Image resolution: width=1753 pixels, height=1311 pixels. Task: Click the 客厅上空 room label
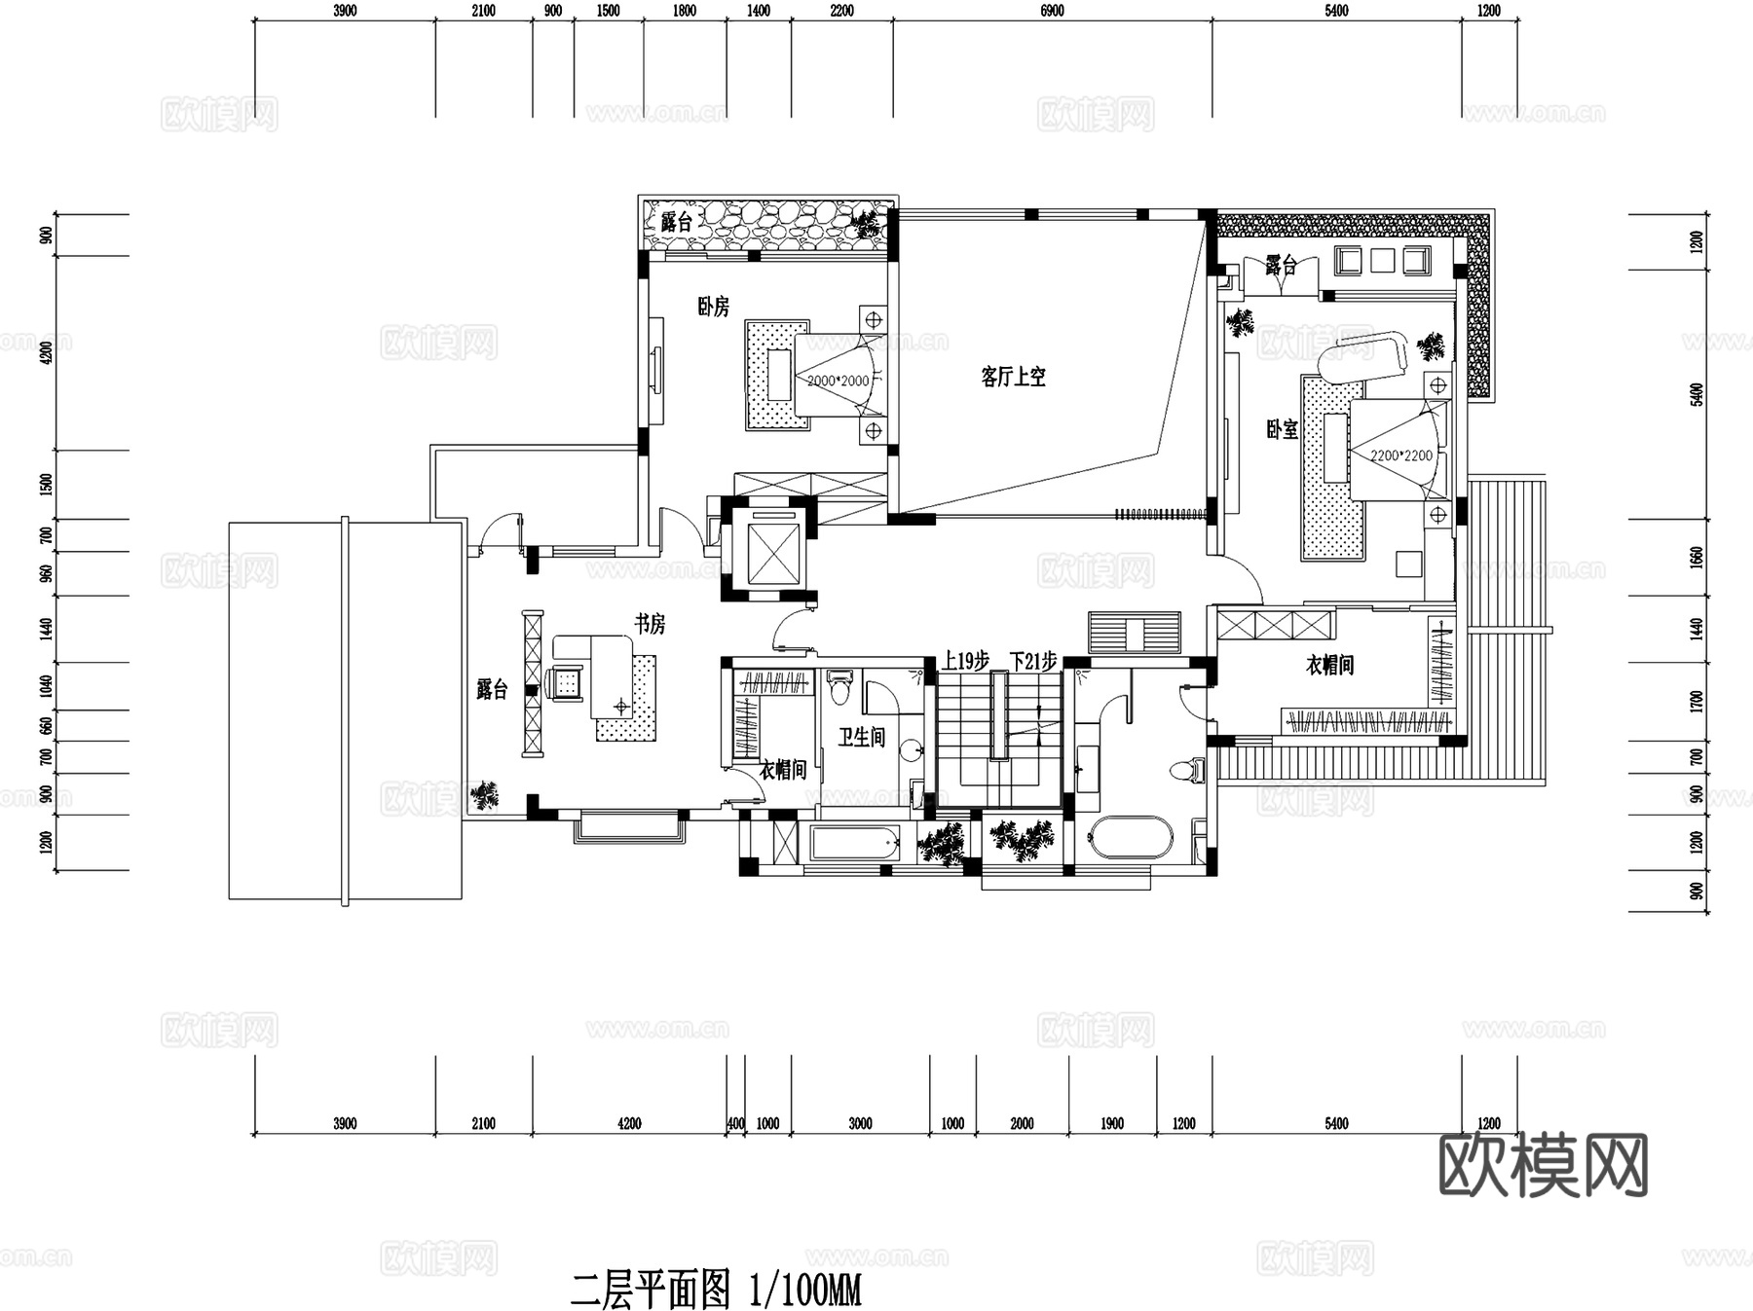point(1013,377)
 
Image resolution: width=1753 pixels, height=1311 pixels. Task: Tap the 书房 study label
point(650,624)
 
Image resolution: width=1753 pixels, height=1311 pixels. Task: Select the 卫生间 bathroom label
point(862,737)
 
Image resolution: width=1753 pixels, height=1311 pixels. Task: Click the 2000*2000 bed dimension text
point(838,381)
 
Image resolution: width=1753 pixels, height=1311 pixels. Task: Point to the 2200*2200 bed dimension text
point(1400,455)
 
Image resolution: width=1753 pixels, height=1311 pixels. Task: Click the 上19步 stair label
point(965,662)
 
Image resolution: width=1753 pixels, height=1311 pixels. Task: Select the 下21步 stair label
point(1032,662)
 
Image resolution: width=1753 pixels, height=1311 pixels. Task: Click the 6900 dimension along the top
point(1052,11)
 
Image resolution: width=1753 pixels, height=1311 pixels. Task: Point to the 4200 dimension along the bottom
point(629,1123)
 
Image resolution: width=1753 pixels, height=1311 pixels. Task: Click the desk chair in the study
point(564,682)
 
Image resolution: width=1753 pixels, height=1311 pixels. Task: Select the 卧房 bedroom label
point(713,307)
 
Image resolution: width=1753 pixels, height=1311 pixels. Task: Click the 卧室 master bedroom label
point(1282,429)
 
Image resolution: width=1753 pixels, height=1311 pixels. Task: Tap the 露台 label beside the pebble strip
point(676,222)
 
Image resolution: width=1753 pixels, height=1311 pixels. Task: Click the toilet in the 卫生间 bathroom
point(839,688)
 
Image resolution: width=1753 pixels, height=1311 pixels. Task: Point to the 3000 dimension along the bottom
point(860,1123)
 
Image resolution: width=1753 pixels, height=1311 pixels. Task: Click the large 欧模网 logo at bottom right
point(1543,1165)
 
